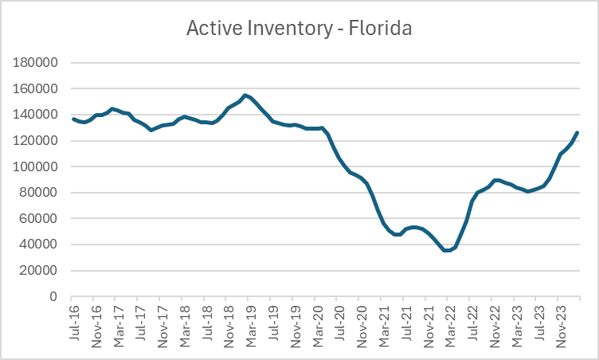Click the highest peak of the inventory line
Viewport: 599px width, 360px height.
coord(245,95)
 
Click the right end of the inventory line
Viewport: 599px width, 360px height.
coord(577,132)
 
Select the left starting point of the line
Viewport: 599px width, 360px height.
coord(74,119)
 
